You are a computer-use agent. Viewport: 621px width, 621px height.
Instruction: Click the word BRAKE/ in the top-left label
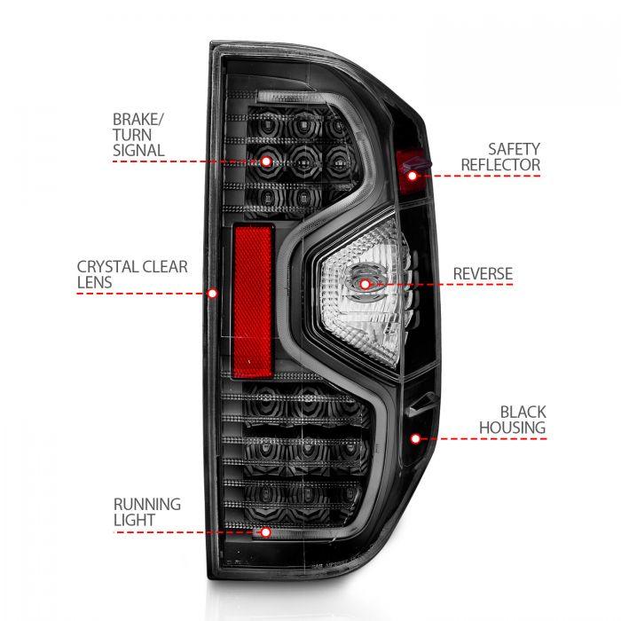(138, 118)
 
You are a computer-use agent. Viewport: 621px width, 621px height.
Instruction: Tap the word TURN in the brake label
(132, 134)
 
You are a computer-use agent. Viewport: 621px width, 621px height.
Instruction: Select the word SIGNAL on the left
(138, 150)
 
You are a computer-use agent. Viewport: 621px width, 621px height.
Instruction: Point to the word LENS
(95, 282)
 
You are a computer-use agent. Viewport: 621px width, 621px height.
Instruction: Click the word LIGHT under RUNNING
(134, 520)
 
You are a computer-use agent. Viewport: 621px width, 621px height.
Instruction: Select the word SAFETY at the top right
(515, 148)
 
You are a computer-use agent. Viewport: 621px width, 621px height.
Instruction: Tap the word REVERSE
(483, 273)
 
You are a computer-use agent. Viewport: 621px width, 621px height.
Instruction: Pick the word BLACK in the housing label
(523, 412)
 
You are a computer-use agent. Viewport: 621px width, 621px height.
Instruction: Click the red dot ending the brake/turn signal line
(266, 161)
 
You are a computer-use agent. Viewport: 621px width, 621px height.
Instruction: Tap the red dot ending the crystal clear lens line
(212, 292)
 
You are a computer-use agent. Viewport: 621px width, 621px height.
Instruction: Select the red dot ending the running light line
(265, 533)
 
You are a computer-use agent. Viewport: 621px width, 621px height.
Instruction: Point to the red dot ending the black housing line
(414, 438)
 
